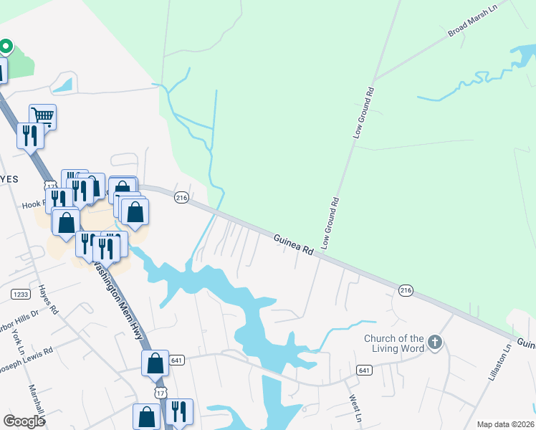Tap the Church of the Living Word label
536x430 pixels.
(394, 343)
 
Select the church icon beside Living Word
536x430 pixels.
(435, 343)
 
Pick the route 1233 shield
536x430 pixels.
(19, 294)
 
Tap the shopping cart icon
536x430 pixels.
(42, 115)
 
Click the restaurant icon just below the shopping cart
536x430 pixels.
(30, 135)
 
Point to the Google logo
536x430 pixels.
(24, 421)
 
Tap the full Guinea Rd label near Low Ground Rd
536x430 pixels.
(293, 244)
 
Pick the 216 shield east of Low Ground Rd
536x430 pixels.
(406, 290)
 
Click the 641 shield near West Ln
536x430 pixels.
(364, 370)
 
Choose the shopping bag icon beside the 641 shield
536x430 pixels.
(155, 363)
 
